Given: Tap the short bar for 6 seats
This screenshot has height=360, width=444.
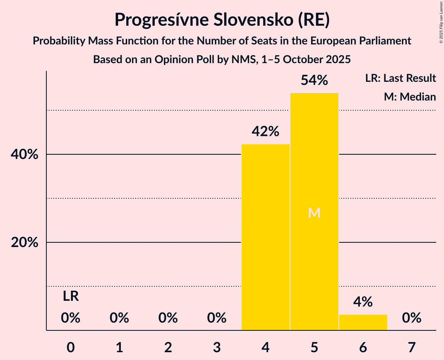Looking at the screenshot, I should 363,322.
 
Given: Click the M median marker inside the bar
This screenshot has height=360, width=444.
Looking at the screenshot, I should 314,213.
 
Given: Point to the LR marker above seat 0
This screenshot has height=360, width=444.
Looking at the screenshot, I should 71,296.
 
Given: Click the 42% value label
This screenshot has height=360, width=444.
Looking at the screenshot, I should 265,132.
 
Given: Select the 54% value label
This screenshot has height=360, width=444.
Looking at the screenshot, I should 314,81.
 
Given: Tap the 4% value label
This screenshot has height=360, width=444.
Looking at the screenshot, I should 363,302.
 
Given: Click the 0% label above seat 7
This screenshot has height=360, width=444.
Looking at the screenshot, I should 412,318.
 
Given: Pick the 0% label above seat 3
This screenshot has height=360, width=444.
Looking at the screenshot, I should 217,318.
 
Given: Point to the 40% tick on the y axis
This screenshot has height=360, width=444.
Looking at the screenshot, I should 24,155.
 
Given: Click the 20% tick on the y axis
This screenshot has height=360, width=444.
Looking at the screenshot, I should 24,243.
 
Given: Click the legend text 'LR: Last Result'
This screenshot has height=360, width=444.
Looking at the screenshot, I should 400,78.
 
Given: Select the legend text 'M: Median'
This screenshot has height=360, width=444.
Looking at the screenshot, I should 410,97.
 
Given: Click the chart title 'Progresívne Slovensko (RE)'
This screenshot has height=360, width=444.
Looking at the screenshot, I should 222,20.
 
